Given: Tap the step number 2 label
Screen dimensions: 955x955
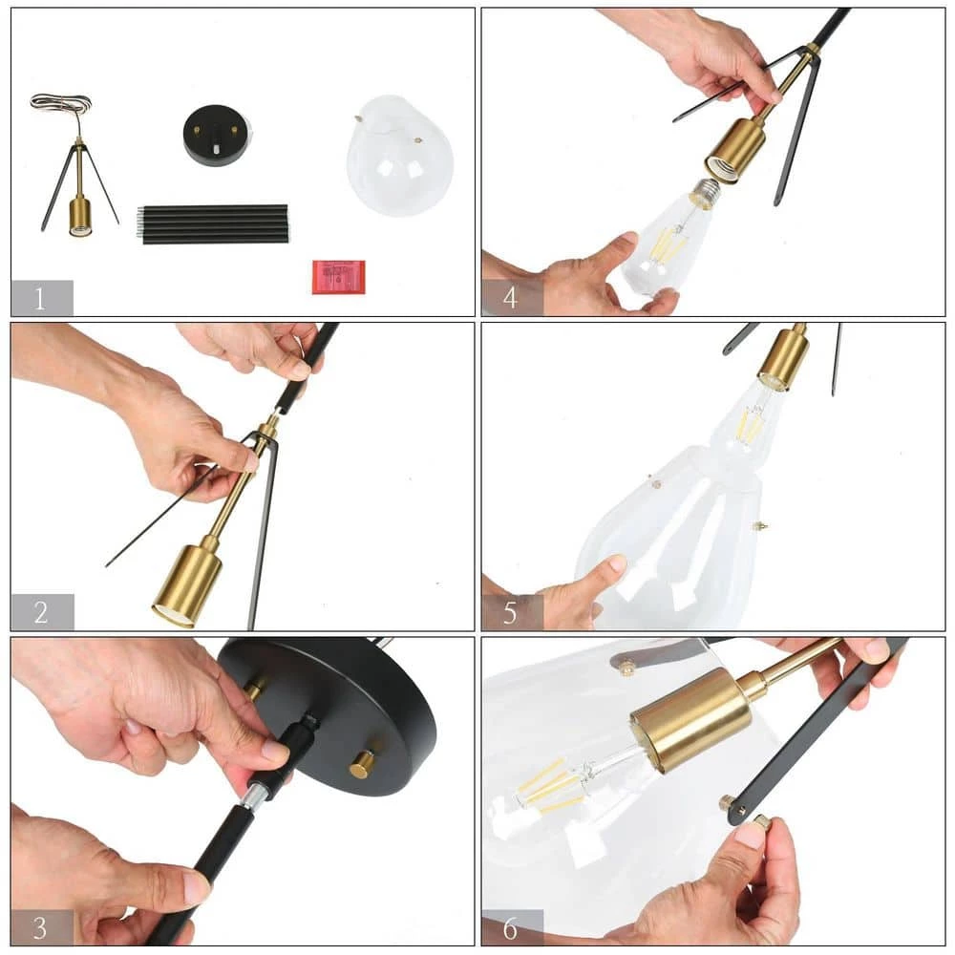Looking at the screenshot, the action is (41, 612).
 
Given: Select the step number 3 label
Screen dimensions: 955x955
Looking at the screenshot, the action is (40, 927).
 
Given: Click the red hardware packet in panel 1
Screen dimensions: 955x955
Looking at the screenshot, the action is (339, 277).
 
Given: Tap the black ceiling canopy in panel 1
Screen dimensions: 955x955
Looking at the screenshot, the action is (217, 136).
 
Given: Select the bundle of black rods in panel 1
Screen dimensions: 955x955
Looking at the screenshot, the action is (213, 224).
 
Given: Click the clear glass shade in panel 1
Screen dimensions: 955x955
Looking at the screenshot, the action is (400, 156).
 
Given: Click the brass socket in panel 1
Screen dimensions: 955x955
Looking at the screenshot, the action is (80, 217).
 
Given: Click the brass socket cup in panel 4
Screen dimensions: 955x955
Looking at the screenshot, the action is (734, 152).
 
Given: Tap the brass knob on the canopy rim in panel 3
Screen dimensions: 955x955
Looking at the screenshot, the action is (362, 764).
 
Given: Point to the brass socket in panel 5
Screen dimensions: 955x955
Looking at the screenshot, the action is (784, 357).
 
